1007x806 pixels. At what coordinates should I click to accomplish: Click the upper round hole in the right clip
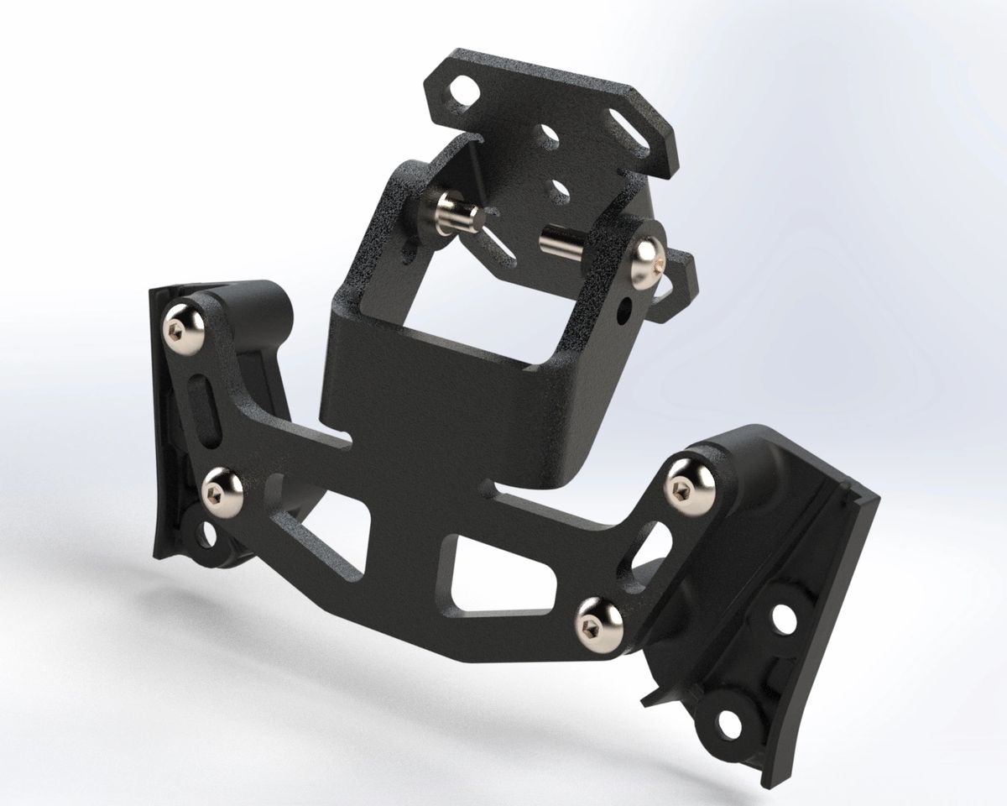tap(784, 618)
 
